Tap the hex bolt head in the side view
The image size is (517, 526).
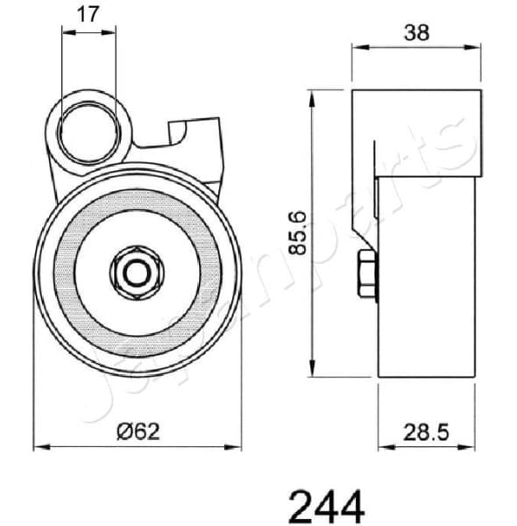(366, 274)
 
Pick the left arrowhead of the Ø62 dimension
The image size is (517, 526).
(39, 447)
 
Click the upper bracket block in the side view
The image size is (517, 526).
(416, 131)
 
